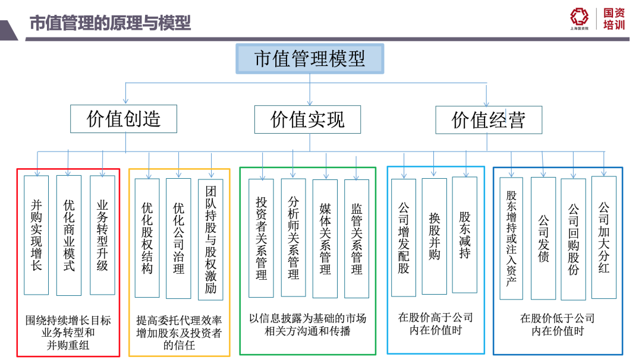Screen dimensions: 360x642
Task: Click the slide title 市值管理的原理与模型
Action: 110,23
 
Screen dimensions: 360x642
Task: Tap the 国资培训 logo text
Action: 614,19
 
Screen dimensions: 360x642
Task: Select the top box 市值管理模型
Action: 310,58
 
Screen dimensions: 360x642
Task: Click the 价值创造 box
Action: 124,119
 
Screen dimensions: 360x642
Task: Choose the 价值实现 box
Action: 307,119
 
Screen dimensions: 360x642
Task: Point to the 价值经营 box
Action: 489,119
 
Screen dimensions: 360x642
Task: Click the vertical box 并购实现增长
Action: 36,235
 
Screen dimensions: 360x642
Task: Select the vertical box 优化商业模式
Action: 69,235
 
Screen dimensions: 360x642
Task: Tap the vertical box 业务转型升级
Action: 102,235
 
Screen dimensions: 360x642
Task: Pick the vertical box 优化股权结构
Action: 147,238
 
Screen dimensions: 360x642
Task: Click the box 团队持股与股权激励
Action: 210,239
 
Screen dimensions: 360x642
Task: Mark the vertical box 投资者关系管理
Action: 262,238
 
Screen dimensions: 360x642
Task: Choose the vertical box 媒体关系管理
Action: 325,238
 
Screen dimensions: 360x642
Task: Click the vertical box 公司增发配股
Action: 404,238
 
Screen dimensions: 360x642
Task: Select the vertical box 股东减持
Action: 465,235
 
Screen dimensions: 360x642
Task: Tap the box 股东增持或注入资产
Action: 511,238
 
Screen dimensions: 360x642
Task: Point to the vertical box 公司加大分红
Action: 604,237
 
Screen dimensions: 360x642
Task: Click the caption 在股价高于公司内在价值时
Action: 435,324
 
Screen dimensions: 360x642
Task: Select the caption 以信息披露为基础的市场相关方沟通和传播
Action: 307,324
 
